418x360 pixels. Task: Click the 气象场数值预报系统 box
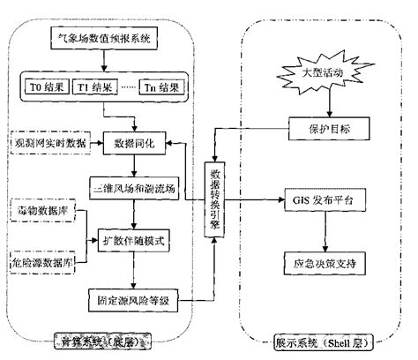[x=102, y=39]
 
